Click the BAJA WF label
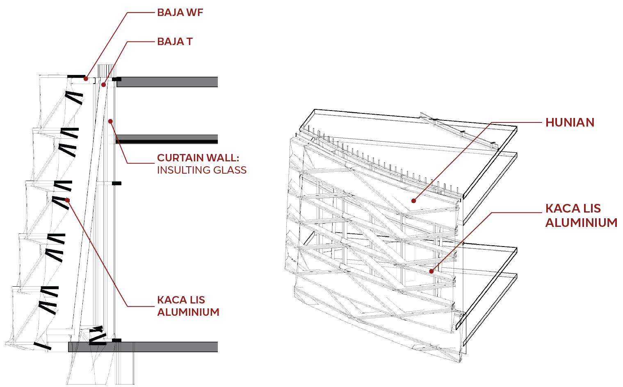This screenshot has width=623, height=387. [x=180, y=12]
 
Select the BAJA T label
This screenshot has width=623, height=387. [x=175, y=42]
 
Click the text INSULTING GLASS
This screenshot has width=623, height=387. [x=202, y=170]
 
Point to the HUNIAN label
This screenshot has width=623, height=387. [x=570, y=122]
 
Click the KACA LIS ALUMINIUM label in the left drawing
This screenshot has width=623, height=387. [x=188, y=306]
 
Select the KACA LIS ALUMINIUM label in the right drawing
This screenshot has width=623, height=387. [x=581, y=215]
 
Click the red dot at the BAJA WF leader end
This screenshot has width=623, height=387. [x=86, y=79]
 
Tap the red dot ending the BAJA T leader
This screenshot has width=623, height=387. [x=103, y=85]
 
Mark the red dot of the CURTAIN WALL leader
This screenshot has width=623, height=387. [x=110, y=121]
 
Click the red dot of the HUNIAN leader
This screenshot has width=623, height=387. [x=414, y=201]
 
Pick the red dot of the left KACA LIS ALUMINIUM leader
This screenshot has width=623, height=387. [x=67, y=200]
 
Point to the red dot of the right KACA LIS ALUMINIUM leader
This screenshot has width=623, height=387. [x=432, y=271]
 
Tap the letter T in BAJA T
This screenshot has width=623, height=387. [x=189, y=42]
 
